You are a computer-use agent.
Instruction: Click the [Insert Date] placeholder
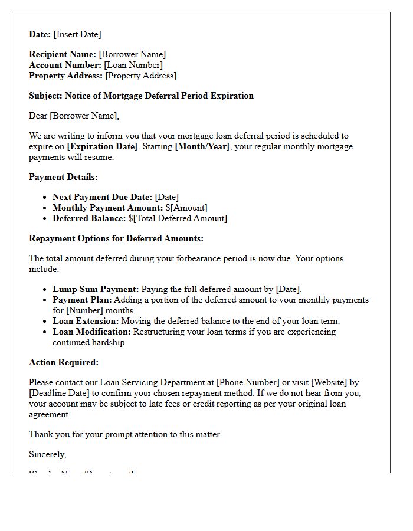click(77, 34)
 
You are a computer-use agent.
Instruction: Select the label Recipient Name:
click(63, 54)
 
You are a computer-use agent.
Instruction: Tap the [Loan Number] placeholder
click(133, 65)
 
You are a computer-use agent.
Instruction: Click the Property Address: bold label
click(66, 76)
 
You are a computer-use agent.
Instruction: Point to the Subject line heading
click(141, 96)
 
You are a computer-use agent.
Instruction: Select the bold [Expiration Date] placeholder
click(103, 146)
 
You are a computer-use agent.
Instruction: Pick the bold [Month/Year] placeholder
click(202, 146)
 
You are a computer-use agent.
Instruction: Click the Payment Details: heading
click(63, 177)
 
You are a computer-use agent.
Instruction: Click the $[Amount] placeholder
click(186, 208)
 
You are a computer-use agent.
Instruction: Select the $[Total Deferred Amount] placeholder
click(178, 218)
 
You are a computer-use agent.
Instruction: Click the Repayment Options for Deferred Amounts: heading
click(116, 238)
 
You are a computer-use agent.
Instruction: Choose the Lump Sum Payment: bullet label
click(96, 289)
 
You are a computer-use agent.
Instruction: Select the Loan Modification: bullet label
click(91, 332)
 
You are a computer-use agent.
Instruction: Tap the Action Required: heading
click(64, 362)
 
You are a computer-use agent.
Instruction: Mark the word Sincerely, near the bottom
click(48, 454)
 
